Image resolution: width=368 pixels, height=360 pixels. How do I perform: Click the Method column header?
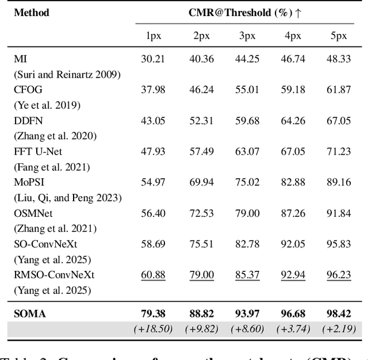pos(31,12)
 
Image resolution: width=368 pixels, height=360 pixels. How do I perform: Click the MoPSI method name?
pos(29,182)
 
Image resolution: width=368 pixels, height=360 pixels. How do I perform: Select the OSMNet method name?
pos(33,213)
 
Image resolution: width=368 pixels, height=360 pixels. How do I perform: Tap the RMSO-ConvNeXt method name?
pos(54,275)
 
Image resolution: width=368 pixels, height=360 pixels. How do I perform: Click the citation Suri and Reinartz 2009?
pos(67,74)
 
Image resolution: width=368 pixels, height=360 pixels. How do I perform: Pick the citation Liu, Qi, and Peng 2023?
pos(68,198)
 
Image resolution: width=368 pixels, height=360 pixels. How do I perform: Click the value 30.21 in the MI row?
pos(153,59)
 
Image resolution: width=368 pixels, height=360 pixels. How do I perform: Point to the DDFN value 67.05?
pos(338,120)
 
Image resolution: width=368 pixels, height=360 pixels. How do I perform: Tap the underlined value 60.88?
pos(153,275)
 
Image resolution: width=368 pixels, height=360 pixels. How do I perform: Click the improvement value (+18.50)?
pos(153,329)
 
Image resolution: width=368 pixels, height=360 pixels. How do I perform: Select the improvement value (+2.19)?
pos(338,329)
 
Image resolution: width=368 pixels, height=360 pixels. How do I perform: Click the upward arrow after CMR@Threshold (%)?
pos(298,12)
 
